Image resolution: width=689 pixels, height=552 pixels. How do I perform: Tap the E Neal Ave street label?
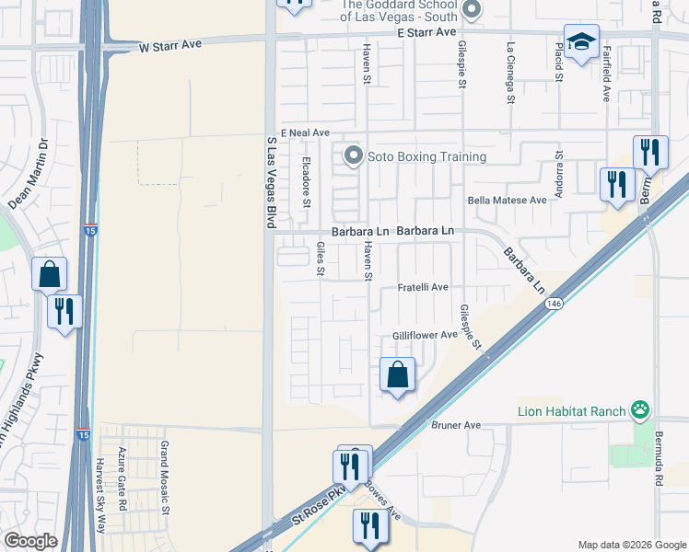[305, 133]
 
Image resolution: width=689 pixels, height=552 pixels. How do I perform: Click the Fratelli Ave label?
[422, 288]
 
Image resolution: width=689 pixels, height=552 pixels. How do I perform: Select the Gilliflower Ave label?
[425, 336]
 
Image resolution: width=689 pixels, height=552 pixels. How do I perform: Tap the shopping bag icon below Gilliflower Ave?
[397, 374]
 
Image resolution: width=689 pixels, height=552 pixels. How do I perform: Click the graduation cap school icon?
[582, 41]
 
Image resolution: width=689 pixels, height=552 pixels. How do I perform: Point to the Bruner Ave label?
[456, 426]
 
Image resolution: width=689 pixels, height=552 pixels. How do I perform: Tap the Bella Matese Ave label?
[508, 200]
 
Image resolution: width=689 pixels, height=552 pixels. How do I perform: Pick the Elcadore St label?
[307, 182]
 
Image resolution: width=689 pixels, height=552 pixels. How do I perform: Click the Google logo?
[30, 541]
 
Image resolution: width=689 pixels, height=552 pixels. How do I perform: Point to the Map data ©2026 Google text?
[631, 544]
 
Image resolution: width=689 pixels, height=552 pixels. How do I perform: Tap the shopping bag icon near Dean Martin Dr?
[49, 273]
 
